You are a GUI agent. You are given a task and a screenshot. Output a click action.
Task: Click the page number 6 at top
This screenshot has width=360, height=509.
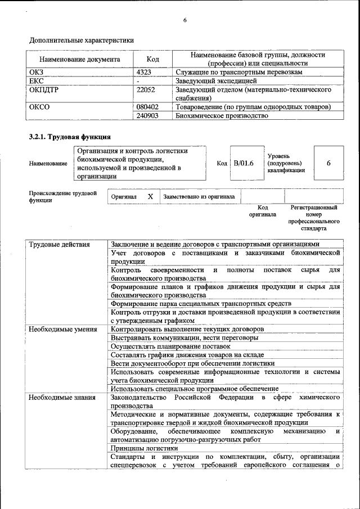[184, 21]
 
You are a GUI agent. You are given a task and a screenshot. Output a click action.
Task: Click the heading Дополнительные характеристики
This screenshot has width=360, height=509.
[82, 40]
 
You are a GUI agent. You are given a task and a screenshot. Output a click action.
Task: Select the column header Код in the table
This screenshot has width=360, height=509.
[152, 59]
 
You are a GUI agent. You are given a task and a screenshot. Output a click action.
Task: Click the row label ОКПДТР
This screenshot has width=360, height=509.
[44, 89]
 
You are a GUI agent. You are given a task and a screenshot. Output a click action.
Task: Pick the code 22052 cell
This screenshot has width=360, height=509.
[146, 89]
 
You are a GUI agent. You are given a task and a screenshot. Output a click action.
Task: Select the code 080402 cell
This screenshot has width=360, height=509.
[147, 107]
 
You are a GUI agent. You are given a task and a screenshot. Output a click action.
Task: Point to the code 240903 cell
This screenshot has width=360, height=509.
[147, 116]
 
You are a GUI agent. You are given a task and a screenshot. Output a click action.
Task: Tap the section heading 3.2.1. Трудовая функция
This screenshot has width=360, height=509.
[70, 137]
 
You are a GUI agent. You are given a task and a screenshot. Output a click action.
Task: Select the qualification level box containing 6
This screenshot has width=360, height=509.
[328, 163]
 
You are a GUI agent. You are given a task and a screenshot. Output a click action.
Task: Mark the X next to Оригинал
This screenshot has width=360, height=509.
[150, 197]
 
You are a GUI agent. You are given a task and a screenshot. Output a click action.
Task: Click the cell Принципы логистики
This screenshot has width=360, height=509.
[145, 448]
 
